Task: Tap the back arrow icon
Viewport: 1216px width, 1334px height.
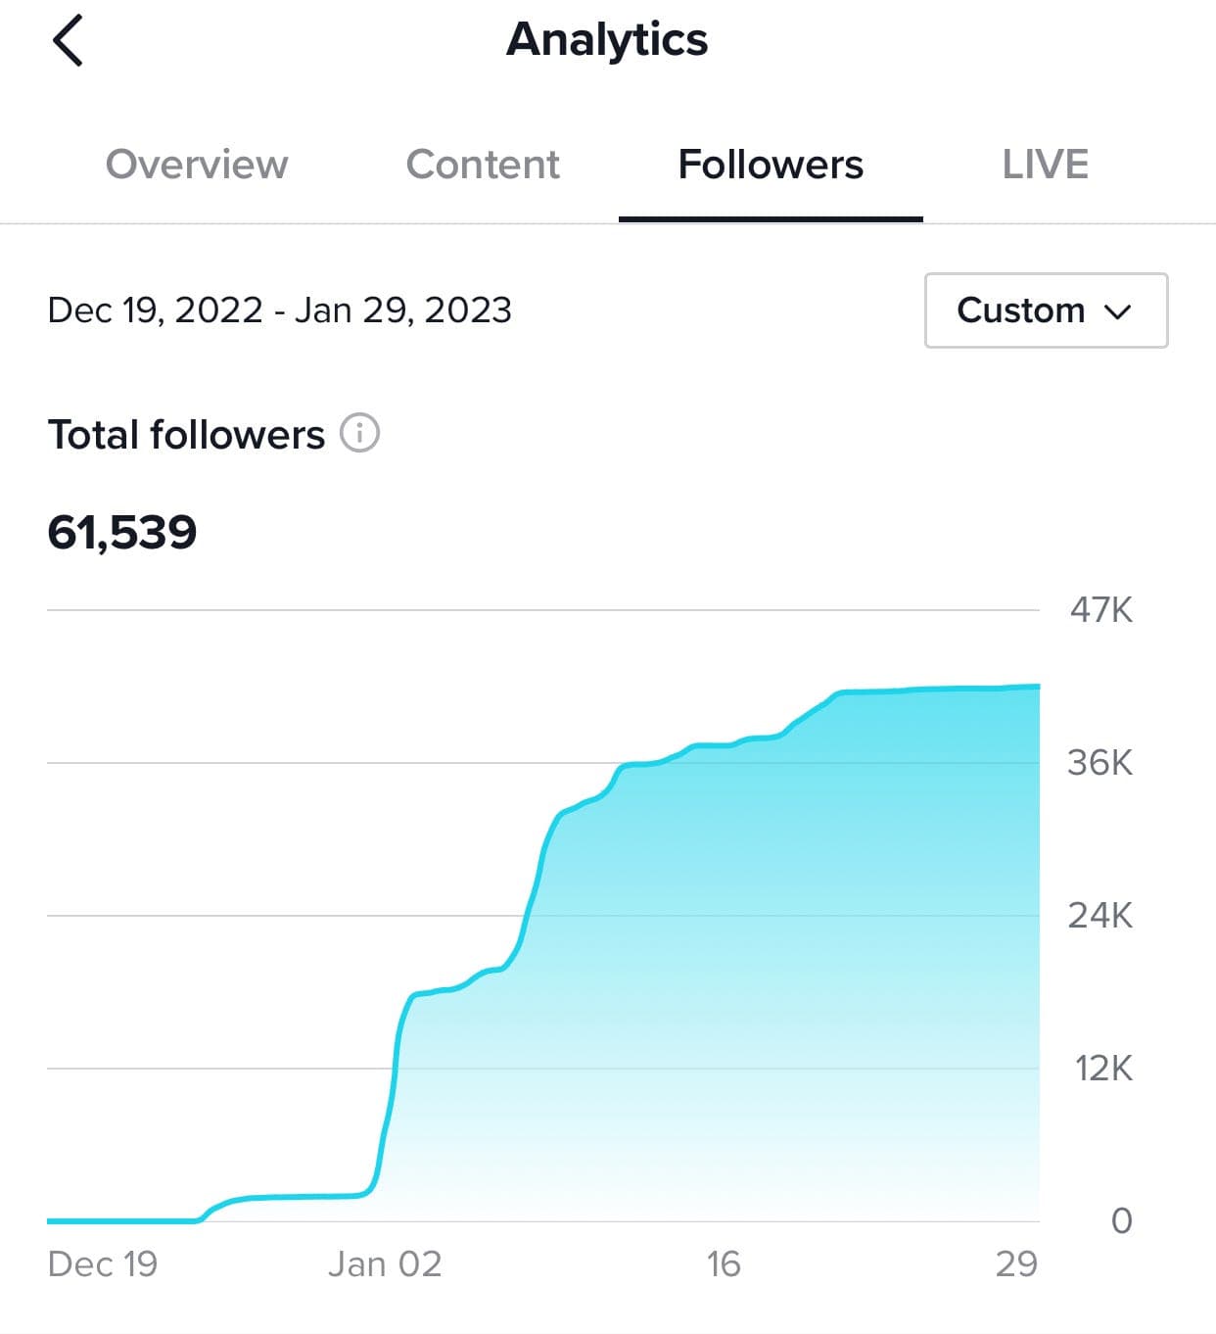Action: point(68,41)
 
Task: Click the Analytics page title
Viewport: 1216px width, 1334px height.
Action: point(607,40)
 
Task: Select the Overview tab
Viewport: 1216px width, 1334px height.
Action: point(197,165)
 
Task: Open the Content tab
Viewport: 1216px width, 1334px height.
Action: point(483,165)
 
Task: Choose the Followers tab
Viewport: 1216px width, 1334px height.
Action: point(771,165)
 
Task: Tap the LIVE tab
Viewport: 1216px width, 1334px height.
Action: point(1045,165)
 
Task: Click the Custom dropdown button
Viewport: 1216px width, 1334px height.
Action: point(1046,310)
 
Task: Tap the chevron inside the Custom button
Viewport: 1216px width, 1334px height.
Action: point(1117,311)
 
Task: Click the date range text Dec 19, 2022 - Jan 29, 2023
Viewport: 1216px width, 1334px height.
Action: point(279,310)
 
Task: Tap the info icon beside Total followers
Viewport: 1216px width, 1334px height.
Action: point(359,433)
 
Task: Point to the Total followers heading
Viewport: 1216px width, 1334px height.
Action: point(186,435)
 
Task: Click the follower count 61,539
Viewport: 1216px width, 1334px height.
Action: point(122,533)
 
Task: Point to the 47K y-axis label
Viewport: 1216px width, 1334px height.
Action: point(1100,610)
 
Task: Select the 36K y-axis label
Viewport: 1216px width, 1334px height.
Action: point(1099,763)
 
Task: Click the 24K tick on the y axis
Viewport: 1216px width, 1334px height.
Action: point(1099,916)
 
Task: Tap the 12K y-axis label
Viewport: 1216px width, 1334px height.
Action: point(1102,1069)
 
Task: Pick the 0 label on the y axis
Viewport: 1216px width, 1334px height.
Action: point(1121,1221)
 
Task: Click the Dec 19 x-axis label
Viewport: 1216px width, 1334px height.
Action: point(103,1264)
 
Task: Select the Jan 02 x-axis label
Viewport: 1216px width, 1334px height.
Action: point(385,1264)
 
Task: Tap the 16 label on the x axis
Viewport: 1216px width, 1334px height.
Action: point(724,1264)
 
